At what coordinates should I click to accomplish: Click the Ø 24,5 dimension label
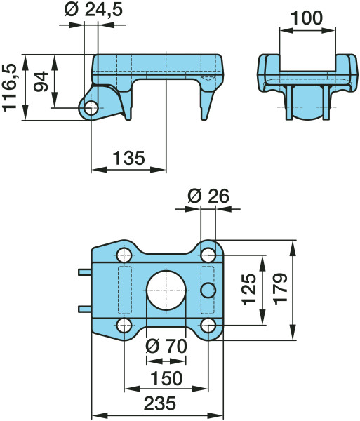tap(94, 11)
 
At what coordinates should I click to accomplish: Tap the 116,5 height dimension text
tap(10, 88)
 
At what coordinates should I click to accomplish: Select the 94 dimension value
tap(41, 81)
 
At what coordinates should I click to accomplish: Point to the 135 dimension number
tap(129, 158)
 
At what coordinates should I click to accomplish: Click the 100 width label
tap(307, 18)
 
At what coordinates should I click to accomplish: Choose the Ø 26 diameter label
tap(208, 196)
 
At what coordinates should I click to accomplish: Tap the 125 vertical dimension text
tap(249, 289)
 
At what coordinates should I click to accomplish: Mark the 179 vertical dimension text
tap(281, 289)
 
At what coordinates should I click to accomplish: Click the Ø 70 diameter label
tap(166, 346)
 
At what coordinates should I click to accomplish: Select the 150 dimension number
tap(167, 379)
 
